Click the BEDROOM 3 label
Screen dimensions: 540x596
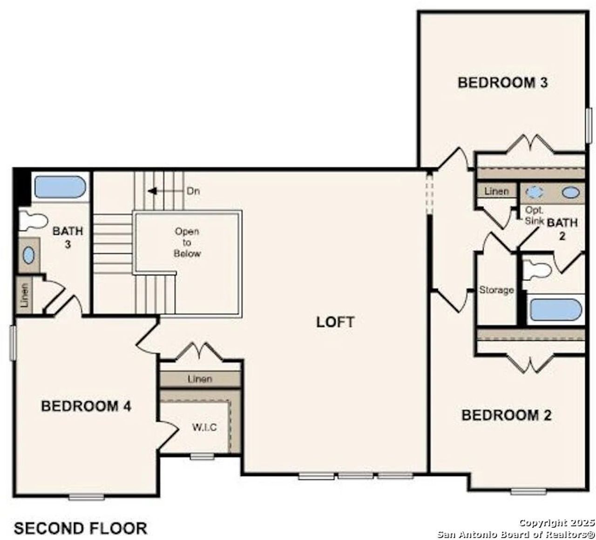(502, 82)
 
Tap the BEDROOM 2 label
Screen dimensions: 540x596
(506, 415)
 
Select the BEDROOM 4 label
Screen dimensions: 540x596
(86, 406)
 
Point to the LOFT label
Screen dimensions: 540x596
(335, 322)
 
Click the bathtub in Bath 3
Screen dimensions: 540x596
(60, 187)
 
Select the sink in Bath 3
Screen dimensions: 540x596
(29, 255)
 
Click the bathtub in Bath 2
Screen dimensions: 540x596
(556, 310)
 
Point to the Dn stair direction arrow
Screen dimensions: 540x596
(152, 191)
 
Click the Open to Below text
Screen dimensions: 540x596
(187, 243)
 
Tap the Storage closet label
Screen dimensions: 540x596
(496, 290)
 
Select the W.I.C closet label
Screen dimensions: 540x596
(204, 427)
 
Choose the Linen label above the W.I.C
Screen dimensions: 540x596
(200, 379)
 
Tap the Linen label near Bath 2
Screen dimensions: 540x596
(496, 191)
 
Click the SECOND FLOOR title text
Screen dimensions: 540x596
(81, 528)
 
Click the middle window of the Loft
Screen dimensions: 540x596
(355, 476)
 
